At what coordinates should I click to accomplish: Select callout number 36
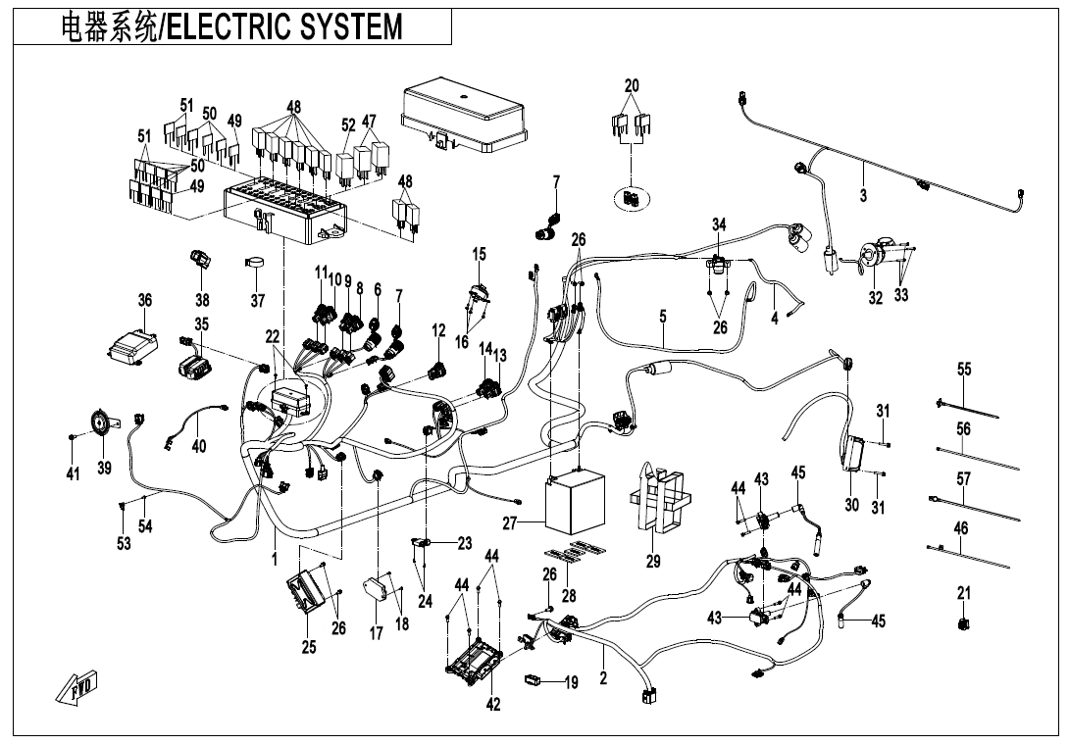pos(144,301)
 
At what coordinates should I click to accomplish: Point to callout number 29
pos(653,562)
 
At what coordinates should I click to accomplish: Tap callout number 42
pos(493,703)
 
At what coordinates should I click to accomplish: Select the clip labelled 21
pos(962,621)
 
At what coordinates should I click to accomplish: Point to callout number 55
pos(964,369)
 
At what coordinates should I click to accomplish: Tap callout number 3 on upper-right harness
pos(863,196)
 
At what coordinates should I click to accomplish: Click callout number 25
pos(309,647)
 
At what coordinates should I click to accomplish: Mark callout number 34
pos(719,225)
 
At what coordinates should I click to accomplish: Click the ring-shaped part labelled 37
pos(256,264)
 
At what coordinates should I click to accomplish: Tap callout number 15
pos(479,255)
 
